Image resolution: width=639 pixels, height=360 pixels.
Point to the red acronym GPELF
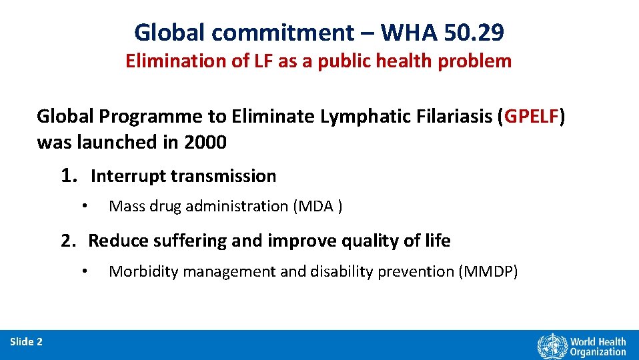click(x=532, y=117)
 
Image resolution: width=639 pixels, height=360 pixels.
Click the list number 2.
click(x=68, y=241)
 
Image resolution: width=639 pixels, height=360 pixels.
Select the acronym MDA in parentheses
click(x=315, y=207)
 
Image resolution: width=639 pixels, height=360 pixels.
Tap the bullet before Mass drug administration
click(x=85, y=206)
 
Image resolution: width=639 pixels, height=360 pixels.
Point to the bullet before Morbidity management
click(x=85, y=271)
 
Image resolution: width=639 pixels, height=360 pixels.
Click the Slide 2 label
click(x=27, y=342)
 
